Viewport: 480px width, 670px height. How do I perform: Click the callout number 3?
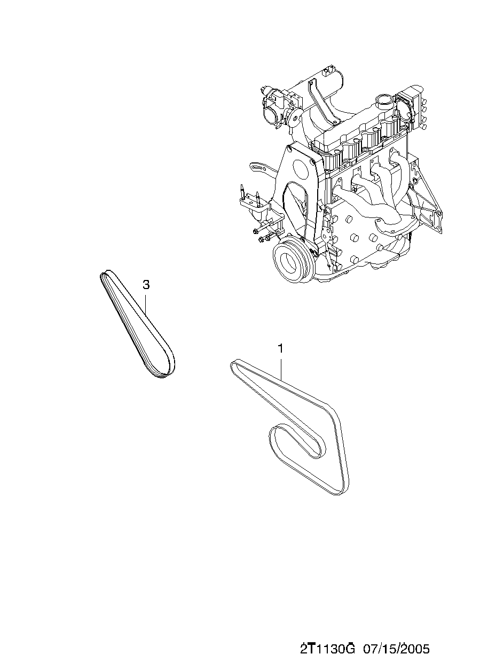(x=146, y=285)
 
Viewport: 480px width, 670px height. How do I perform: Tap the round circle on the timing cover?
(x=302, y=169)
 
